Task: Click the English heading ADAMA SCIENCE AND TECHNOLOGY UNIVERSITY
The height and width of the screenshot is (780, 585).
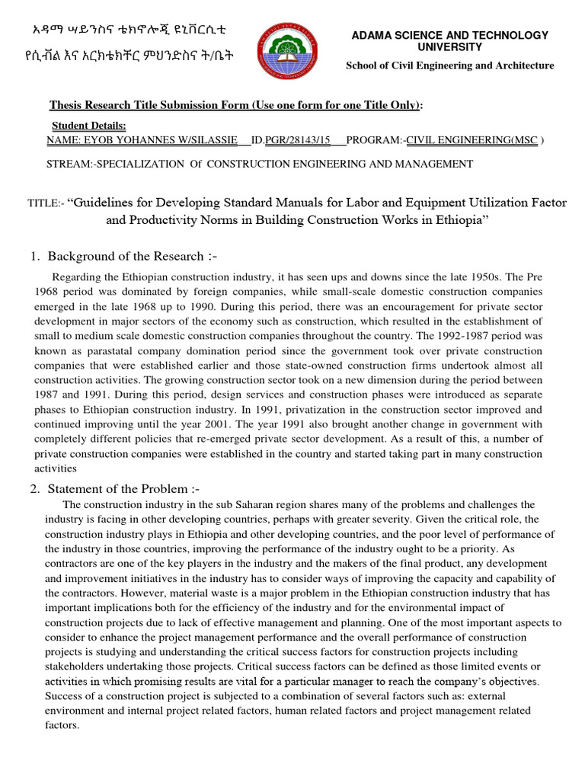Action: point(448,41)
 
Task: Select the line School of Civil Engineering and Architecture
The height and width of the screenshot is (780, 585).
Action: point(449,66)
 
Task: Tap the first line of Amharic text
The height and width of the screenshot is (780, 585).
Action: point(129,30)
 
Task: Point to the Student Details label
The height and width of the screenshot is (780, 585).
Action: point(88,126)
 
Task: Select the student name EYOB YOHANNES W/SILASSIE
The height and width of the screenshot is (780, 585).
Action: point(148,140)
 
